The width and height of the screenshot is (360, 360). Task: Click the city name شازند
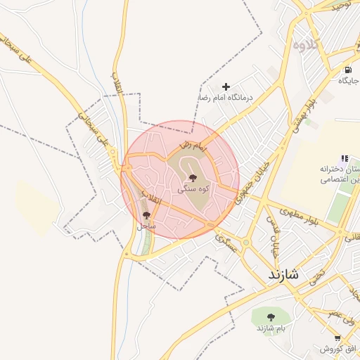283,275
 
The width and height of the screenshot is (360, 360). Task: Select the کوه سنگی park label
193,189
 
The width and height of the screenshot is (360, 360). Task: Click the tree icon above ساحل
146,215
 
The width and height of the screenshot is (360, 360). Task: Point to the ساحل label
146,226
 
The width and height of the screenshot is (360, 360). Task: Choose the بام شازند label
271,329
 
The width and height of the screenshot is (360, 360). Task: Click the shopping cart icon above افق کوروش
337,338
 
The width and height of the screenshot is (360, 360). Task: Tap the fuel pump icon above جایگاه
347,70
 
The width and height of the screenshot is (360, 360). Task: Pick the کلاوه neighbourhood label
307,45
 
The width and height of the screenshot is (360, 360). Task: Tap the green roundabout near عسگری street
210,224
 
